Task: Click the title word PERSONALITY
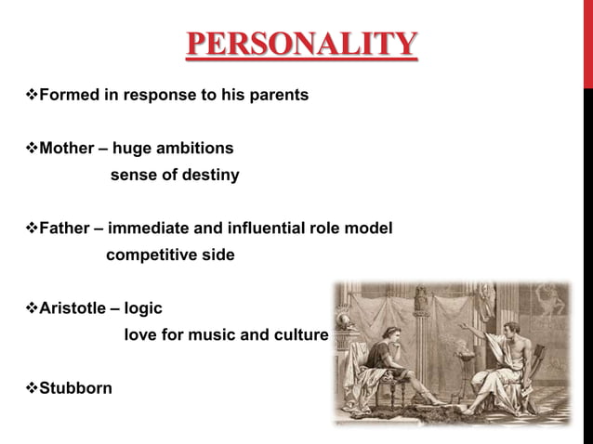coord(300,46)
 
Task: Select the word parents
coord(280,95)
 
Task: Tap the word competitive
coord(148,255)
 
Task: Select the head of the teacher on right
coord(509,315)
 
